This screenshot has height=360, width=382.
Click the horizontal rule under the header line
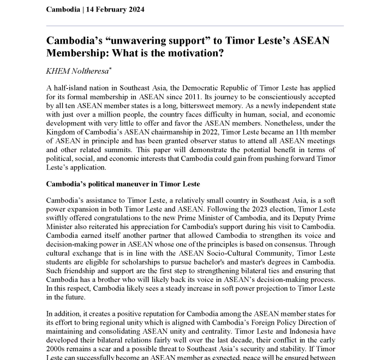195,26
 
